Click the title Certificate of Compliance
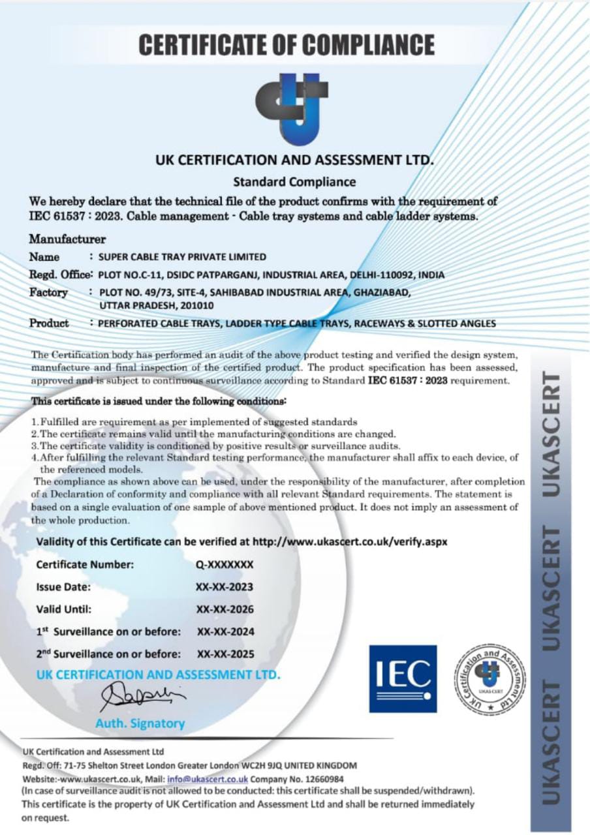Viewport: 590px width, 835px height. click(287, 45)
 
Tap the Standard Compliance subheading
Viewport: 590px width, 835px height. click(294, 181)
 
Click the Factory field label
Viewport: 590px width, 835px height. click(48, 293)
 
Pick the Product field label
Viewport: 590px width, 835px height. click(49, 323)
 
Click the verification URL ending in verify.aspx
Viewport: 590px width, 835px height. click(350, 541)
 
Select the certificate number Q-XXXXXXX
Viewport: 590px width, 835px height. click(225, 565)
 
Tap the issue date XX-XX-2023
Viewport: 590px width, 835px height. click(225, 587)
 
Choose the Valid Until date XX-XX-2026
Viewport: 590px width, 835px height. click(225, 609)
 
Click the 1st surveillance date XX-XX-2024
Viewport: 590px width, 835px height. click(225, 631)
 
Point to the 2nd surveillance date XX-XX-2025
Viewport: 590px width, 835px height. click(225, 654)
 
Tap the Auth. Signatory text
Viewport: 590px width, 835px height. click(140, 723)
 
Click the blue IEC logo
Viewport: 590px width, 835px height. click(403, 678)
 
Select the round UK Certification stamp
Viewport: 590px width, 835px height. click(489, 678)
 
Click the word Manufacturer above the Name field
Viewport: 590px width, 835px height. click(67, 239)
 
